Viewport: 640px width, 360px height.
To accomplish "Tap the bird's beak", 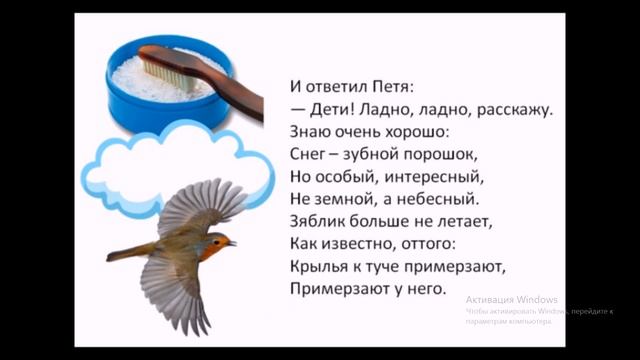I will (233, 243).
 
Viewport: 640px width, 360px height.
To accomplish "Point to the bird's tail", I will (125, 252).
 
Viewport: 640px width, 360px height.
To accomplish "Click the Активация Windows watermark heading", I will (510, 299).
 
